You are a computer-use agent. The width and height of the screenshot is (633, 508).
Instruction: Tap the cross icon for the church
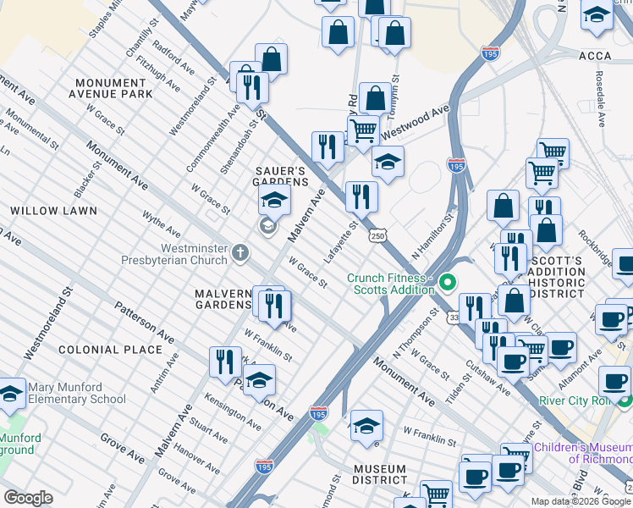pos(240,251)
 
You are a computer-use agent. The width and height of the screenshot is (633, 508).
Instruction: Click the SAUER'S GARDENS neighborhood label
pos(282,176)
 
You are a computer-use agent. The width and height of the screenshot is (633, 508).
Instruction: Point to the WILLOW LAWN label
pos(53,210)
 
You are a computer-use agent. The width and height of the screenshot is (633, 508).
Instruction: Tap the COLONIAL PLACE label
pos(110,349)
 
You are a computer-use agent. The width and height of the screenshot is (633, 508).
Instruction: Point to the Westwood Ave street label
pos(415,124)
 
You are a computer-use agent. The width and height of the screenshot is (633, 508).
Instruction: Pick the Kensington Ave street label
pos(232,408)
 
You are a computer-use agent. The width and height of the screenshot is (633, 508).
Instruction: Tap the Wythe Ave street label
pos(161,224)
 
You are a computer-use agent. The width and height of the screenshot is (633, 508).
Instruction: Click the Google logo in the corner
pos(28,498)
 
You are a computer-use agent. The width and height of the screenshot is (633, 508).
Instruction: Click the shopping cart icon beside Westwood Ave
pos(363,131)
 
